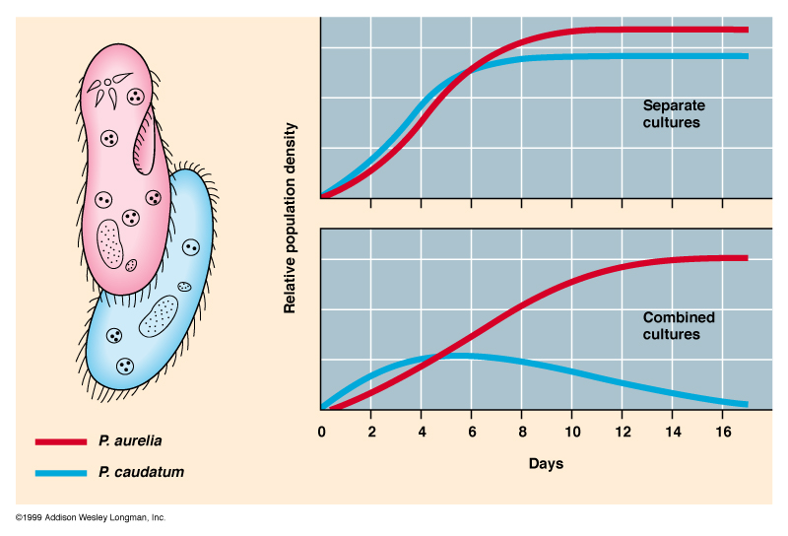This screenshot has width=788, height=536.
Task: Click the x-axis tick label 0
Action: point(322,432)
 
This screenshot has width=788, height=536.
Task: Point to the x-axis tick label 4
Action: point(422,432)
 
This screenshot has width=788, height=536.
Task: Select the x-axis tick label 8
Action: point(522,432)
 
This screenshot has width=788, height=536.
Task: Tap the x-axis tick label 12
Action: point(622,432)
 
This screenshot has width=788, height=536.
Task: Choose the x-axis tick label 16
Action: point(722,432)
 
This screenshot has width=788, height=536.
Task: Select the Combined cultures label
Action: point(679,326)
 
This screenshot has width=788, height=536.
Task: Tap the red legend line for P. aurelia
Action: point(61,442)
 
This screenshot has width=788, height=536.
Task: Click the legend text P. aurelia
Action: point(131,442)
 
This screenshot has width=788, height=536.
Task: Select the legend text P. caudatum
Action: point(141,473)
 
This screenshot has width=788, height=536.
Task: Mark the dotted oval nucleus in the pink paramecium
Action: point(110,243)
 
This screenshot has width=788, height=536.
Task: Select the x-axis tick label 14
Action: point(672,432)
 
